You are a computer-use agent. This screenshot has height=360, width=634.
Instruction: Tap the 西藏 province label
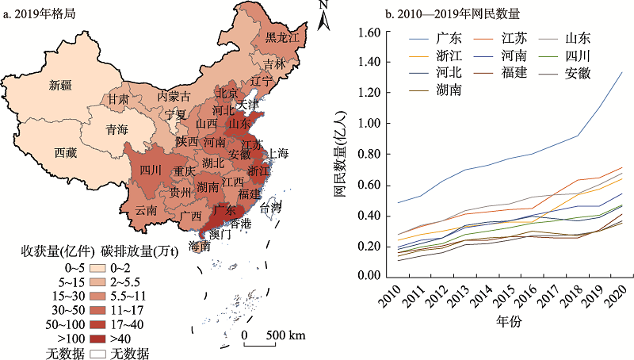[66, 152]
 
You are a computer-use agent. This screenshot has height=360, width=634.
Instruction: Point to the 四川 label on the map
[151, 170]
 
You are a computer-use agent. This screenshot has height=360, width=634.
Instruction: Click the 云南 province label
[146, 211]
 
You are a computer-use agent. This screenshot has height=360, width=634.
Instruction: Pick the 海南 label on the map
[201, 247]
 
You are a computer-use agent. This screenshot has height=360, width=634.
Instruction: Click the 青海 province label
[119, 131]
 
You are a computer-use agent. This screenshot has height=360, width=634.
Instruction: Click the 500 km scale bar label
[286, 335]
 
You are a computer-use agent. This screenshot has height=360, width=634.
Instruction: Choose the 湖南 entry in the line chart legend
[447, 90]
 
